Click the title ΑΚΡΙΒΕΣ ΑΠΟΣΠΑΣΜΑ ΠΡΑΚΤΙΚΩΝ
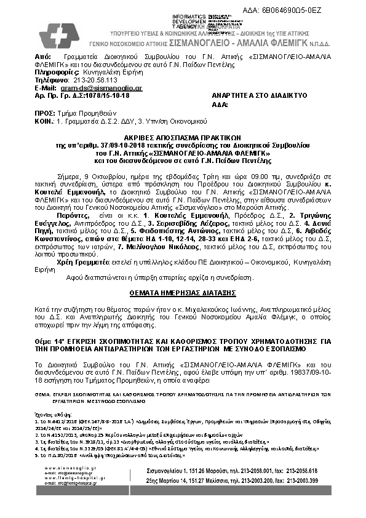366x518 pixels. pos(183,138)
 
